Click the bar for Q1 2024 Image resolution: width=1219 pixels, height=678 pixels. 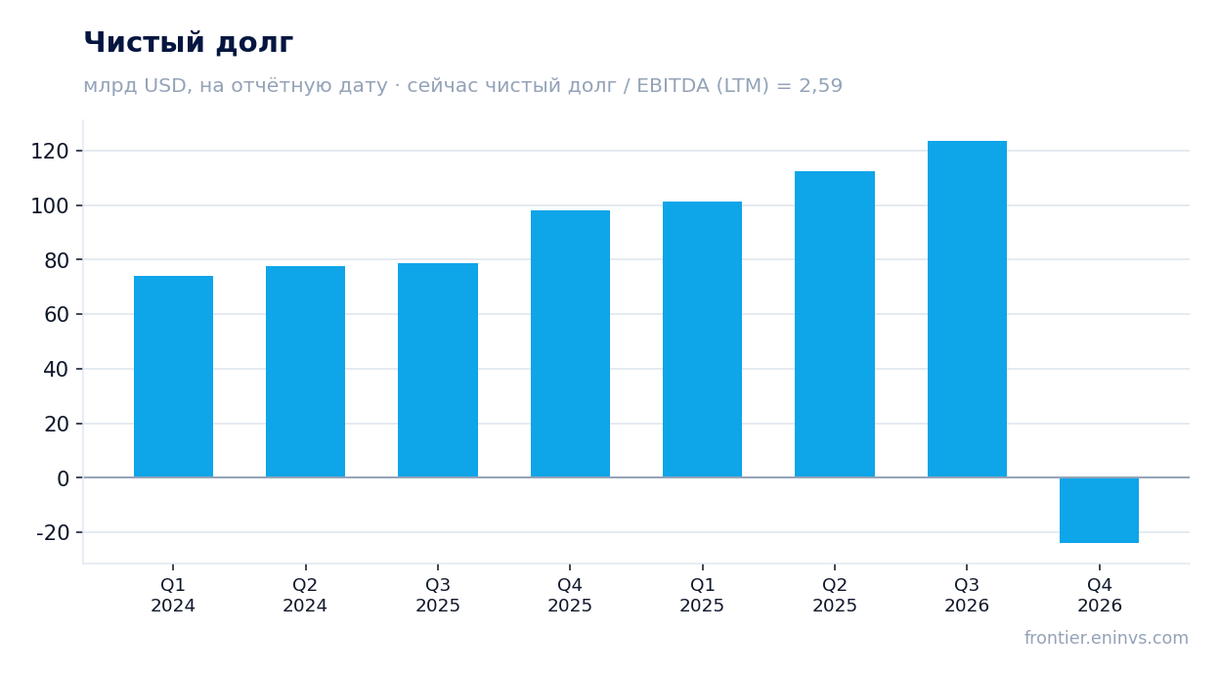[x=173, y=377]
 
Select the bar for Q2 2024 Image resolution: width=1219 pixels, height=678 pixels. [x=305, y=372]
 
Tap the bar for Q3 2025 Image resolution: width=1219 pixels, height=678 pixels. [x=438, y=371]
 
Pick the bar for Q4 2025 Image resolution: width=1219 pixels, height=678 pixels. [x=570, y=344]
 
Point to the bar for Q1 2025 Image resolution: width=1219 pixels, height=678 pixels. [x=702, y=339]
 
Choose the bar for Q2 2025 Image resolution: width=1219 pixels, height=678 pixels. [x=835, y=325]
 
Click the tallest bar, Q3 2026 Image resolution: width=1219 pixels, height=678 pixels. [x=967, y=309]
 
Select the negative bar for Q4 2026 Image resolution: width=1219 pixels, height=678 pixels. [x=1100, y=511]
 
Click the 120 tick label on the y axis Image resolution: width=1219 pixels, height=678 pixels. [x=50, y=152]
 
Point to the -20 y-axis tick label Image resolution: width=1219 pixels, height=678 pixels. [x=53, y=532]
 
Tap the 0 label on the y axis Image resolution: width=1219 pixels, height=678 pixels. [x=64, y=478]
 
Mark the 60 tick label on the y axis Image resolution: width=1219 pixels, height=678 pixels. [x=57, y=315]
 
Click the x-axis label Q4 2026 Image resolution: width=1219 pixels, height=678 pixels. [x=1100, y=595]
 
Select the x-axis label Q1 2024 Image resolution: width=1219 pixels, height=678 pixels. [x=173, y=595]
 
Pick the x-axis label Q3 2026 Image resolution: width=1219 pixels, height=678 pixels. [x=967, y=595]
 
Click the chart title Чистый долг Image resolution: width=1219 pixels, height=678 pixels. [x=189, y=42]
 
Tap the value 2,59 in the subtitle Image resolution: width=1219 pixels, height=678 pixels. [x=820, y=86]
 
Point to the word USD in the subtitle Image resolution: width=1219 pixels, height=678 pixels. [x=167, y=86]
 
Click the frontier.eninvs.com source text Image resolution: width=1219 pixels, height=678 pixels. [x=1107, y=638]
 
